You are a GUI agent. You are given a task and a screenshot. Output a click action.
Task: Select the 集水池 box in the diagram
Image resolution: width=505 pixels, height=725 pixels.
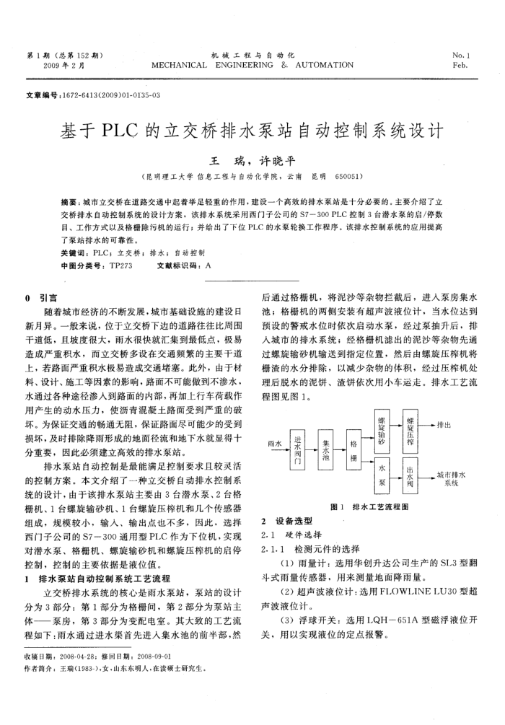(325, 452)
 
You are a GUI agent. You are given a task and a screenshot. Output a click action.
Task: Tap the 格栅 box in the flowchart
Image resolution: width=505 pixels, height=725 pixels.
(353, 452)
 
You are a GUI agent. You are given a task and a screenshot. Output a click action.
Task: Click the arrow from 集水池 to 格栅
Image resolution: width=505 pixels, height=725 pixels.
(339, 452)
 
